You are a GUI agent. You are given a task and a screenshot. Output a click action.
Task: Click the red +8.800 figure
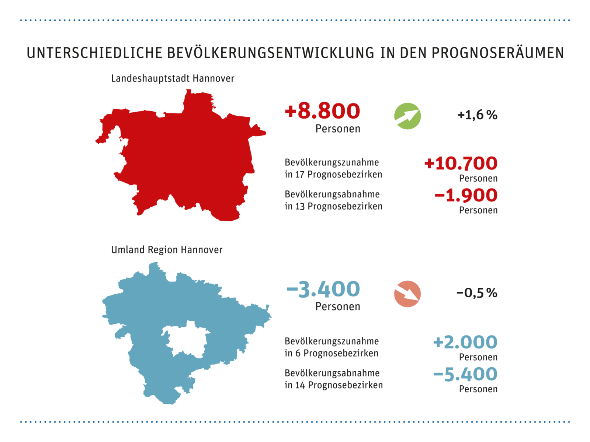322,111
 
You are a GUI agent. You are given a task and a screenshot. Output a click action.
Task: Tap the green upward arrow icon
407,116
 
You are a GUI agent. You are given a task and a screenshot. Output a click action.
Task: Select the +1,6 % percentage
477,115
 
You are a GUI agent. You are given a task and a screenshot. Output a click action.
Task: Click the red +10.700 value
461,164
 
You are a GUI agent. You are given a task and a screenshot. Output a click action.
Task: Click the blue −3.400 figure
323,289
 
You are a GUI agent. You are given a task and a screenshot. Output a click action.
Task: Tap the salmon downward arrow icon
407,294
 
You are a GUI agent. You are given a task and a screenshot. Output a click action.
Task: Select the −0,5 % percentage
477,293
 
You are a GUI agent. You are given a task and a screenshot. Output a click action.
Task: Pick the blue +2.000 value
465,342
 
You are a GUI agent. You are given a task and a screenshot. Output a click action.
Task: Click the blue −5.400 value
465,374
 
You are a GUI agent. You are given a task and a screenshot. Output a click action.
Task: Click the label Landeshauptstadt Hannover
173,78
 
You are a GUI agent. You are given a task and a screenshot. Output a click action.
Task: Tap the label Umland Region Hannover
167,250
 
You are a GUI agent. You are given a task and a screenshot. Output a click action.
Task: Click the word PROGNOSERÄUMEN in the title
497,53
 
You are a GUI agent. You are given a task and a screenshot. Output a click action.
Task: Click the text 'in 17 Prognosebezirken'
333,175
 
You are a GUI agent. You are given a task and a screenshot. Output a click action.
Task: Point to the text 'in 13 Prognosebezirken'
333,206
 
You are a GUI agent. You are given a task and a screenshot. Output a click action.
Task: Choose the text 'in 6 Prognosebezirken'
332,353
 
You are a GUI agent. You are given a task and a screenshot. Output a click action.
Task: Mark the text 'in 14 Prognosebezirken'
334,385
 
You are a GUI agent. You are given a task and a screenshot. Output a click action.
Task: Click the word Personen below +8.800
338,129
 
